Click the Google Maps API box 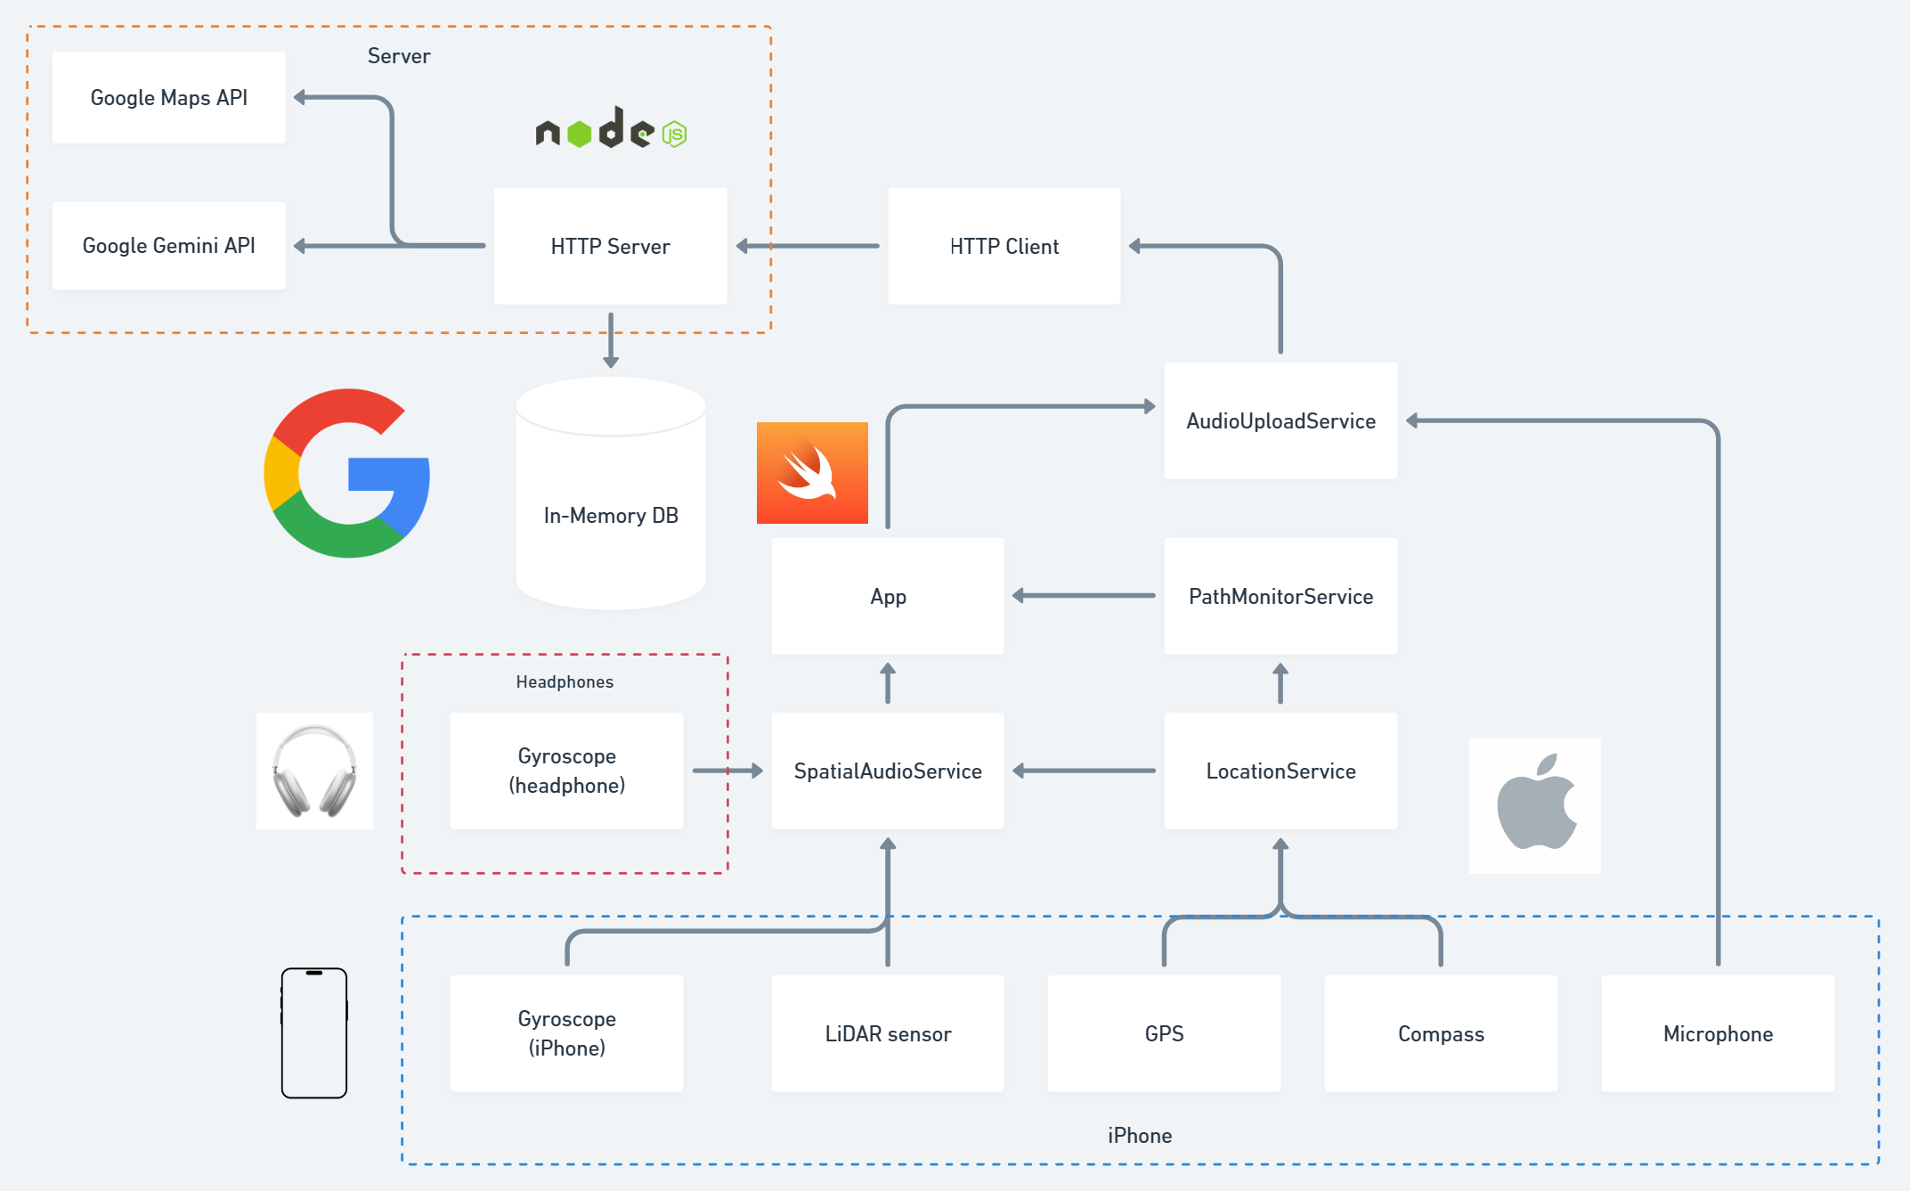(168, 97)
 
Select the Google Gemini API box (168, 245)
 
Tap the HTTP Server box (610, 246)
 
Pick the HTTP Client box (1004, 246)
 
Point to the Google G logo (347, 473)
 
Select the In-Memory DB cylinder (611, 494)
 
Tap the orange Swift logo (812, 473)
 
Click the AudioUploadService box (1280, 420)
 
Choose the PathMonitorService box (1280, 596)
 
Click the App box (888, 596)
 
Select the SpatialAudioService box (888, 771)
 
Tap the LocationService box (1280, 771)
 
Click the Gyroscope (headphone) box (566, 771)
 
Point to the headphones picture (314, 771)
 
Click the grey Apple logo (1535, 805)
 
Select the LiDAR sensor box (888, 1033)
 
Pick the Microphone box (1718, 1033)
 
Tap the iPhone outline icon (314, 1033)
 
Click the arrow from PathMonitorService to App (1084, 595)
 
